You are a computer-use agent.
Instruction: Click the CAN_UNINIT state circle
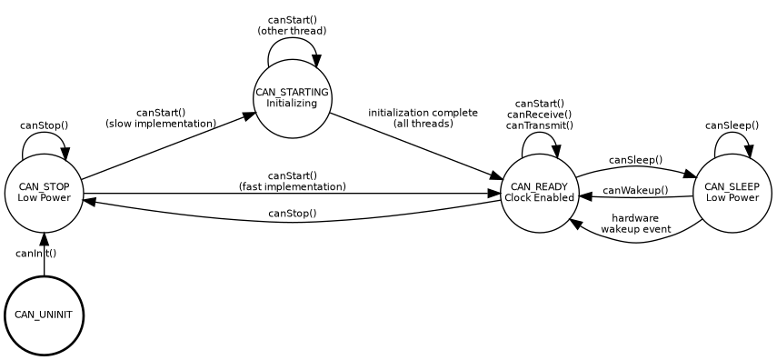[44, 315]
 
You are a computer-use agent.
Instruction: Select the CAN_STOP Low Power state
[44, 193]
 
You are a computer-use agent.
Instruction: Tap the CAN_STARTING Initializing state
[292, 98]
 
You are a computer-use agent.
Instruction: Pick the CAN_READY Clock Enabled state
[539, 193]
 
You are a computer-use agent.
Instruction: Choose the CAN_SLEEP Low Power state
[732, 193]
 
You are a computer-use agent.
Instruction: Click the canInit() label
[36, 254]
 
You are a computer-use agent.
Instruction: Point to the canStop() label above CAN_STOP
[44, 125]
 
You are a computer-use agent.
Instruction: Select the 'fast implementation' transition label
[292, 186]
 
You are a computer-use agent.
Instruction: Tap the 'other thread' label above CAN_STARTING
[292, 31]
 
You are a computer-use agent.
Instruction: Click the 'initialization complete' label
[423, 113]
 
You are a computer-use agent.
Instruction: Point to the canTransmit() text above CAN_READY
[539, 126]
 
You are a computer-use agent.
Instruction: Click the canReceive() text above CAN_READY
[539, 115]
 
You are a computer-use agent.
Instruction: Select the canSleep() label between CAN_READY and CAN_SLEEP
[635, 160]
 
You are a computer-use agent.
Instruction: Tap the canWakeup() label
[635, 191]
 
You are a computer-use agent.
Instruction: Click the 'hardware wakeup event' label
[635, 224]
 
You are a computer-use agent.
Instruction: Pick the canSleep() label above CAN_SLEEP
[732, 125]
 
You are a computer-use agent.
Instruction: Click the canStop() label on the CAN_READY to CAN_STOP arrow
[292, 214]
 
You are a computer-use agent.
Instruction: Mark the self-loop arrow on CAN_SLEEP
[732, 138]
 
